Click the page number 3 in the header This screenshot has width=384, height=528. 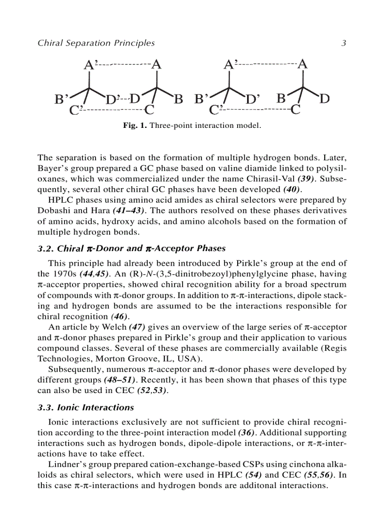(344, 43)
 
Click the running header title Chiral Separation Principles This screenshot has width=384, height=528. (96, 43)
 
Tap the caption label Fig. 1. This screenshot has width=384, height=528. (135, 126)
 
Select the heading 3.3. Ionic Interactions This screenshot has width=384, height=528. (86, 408)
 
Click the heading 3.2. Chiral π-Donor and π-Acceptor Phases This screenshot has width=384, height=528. (131, 248)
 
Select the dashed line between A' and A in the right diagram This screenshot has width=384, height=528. (266, 64)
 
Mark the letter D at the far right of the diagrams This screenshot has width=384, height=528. (325, 99)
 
